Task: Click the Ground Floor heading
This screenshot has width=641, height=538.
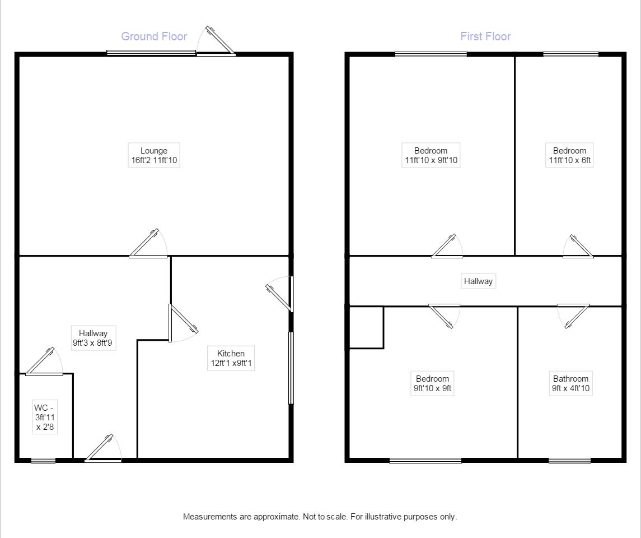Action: (154, 36)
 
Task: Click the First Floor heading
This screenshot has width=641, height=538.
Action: (485, 36)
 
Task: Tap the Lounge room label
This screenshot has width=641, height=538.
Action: (154, 155)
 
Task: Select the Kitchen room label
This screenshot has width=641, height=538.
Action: (231, 358)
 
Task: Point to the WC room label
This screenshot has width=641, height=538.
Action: (45, 418)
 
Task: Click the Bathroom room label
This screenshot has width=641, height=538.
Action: (570, 383)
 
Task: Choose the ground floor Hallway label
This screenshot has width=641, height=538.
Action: (93, 338)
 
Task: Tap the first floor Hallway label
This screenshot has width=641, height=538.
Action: (478, 281)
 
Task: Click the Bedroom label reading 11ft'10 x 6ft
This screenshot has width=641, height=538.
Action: (569, 155)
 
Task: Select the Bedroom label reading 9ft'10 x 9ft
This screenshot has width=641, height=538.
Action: (432, 383)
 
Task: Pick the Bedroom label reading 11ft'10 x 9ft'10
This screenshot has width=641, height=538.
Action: (431, 155)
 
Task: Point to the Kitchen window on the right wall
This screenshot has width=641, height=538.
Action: (291, 368)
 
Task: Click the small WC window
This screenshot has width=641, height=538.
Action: (43, 461)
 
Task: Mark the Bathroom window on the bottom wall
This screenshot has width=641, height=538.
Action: (569, 461)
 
